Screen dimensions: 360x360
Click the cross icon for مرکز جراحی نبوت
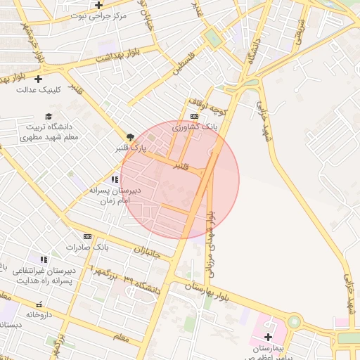pos(99,5)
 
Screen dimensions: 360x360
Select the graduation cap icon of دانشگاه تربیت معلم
pos(48,116)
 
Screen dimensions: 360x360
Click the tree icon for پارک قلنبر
pos(129,137)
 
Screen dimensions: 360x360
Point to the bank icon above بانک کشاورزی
pos(195,116)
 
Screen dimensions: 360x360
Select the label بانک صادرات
pos(85,247)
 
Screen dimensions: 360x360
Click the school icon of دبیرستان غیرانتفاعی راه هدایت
pos(44,259)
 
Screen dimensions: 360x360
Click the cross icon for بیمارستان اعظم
pos(267,337)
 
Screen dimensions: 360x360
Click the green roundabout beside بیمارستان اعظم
pos(294,322)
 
